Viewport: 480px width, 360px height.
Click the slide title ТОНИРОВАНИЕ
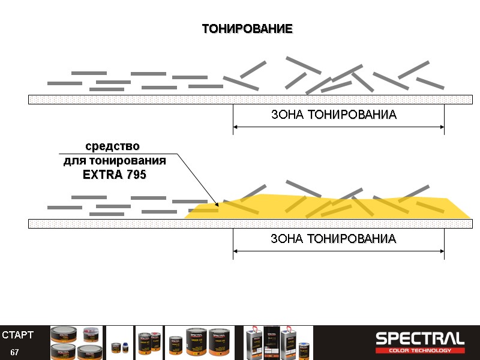(x=247, y=29)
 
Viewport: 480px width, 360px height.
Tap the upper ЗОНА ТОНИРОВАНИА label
(x=334, y=115)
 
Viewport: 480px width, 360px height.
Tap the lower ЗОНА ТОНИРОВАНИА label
(x=334, y=239)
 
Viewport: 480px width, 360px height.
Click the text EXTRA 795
(x=114, y=175)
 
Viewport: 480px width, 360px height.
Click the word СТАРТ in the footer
(x=17, y=334)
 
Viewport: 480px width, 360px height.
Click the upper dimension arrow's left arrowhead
(x=236, y=127)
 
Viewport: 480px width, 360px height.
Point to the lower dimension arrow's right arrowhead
(x=441, y=251)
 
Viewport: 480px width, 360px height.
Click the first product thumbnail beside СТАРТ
(x=76, y=343)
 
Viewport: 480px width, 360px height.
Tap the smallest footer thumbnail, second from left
(x=119, y=343)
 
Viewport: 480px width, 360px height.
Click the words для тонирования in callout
(x=115, y=161)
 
